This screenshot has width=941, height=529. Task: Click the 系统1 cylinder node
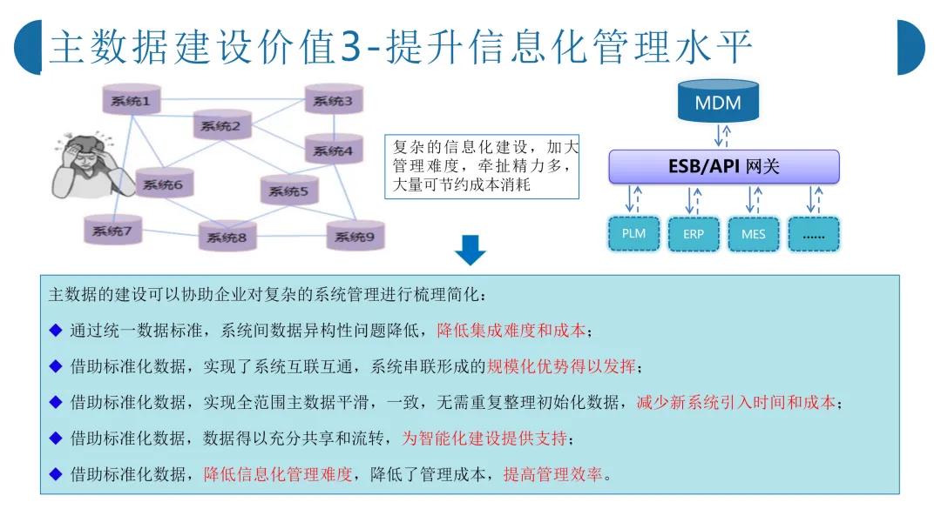(x=132, y=102)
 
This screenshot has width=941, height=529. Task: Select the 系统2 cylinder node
(x=220, y=126)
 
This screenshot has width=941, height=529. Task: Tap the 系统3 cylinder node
(x=333, y=101)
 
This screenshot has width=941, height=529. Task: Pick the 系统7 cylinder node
(x=112, y=231)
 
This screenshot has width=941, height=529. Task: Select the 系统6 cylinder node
(x=163, y=184)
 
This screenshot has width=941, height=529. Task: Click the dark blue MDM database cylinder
(x=718, y=103)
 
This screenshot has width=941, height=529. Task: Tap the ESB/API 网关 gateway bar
(x=723, y=166)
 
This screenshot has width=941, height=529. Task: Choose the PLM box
(x=634, y=234)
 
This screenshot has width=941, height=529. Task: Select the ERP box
(x=694, y=234)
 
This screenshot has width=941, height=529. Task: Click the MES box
(x=754, y=234)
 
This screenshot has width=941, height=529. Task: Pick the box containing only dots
(x=814, y=234)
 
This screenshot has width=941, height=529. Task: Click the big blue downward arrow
(x=470, y=250)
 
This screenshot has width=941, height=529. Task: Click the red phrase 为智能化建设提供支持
(x=484, y=438)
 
